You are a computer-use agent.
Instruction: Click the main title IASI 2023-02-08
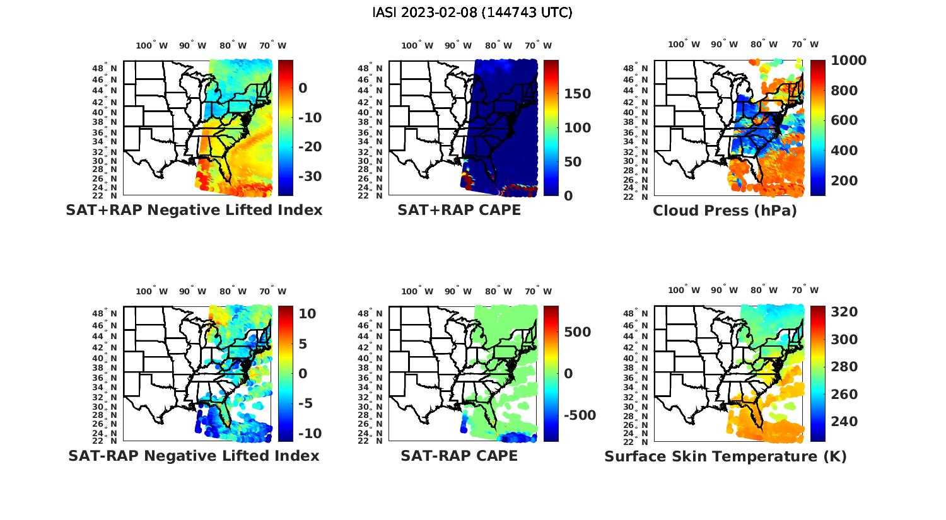[472, 12]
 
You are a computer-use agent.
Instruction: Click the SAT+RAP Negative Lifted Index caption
[194, 210]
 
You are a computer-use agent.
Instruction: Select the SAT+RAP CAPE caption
[459, 210]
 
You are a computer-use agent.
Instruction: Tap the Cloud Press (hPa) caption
[725, 211]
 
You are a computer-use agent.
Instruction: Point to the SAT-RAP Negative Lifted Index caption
[194, 456]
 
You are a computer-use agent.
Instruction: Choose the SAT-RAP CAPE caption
[459, 456]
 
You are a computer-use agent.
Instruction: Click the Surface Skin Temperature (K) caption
[725, 456]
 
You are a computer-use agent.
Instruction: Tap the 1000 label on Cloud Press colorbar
[849, 61]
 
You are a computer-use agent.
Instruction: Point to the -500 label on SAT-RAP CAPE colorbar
[579, 415]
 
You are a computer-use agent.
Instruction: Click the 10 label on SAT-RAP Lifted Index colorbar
[307, 313]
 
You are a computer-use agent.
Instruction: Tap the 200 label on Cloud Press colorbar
[844, 181]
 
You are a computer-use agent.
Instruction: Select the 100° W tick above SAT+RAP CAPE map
[417, 45]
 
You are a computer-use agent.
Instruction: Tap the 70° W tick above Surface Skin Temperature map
[805, 291]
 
